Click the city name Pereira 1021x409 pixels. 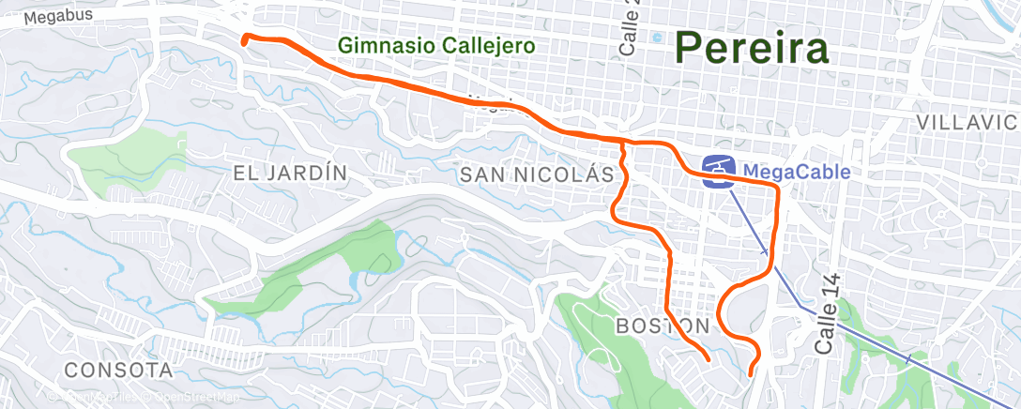752,48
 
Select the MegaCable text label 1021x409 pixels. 797,172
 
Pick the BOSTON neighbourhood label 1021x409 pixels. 663,326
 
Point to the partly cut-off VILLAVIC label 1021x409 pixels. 967,123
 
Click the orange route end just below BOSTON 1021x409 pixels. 707,358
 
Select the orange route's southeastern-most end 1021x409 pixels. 752,374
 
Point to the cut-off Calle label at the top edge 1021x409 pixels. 628,28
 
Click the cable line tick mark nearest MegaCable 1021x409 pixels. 765,252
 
